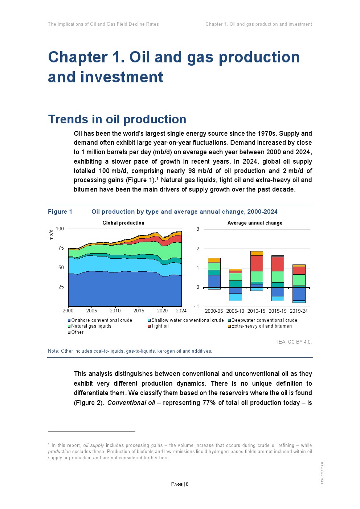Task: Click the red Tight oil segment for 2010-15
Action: click(x=257, y=263)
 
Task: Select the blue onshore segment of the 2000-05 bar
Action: click(x=214, y=281)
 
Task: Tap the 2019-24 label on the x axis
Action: click(x=299, y=311)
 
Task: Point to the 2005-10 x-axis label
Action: click(x=235, y=311)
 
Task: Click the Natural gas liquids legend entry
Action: click(x=91, y=326)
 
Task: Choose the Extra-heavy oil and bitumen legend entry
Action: click(x=261, y=326)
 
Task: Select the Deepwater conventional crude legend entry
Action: click(x=264, y=320)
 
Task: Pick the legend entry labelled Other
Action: click(x=77, y=332)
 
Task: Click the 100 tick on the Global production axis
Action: click(x=60, y=229)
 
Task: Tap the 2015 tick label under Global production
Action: click(x=139, y=311)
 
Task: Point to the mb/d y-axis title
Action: click(x=51, y=235)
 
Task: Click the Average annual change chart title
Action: click(x=255, y=223)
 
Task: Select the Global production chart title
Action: click(x=123, y=223)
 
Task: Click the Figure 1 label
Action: click(x=60, y=212)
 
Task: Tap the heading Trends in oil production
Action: click(x=117, y=119)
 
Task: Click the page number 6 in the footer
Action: click(x=187, y=484)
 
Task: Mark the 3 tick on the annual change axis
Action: click(x=198, y=229)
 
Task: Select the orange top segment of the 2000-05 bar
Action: click(x=214, y=260)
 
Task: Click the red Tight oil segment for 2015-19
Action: click(x=278, y=264)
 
